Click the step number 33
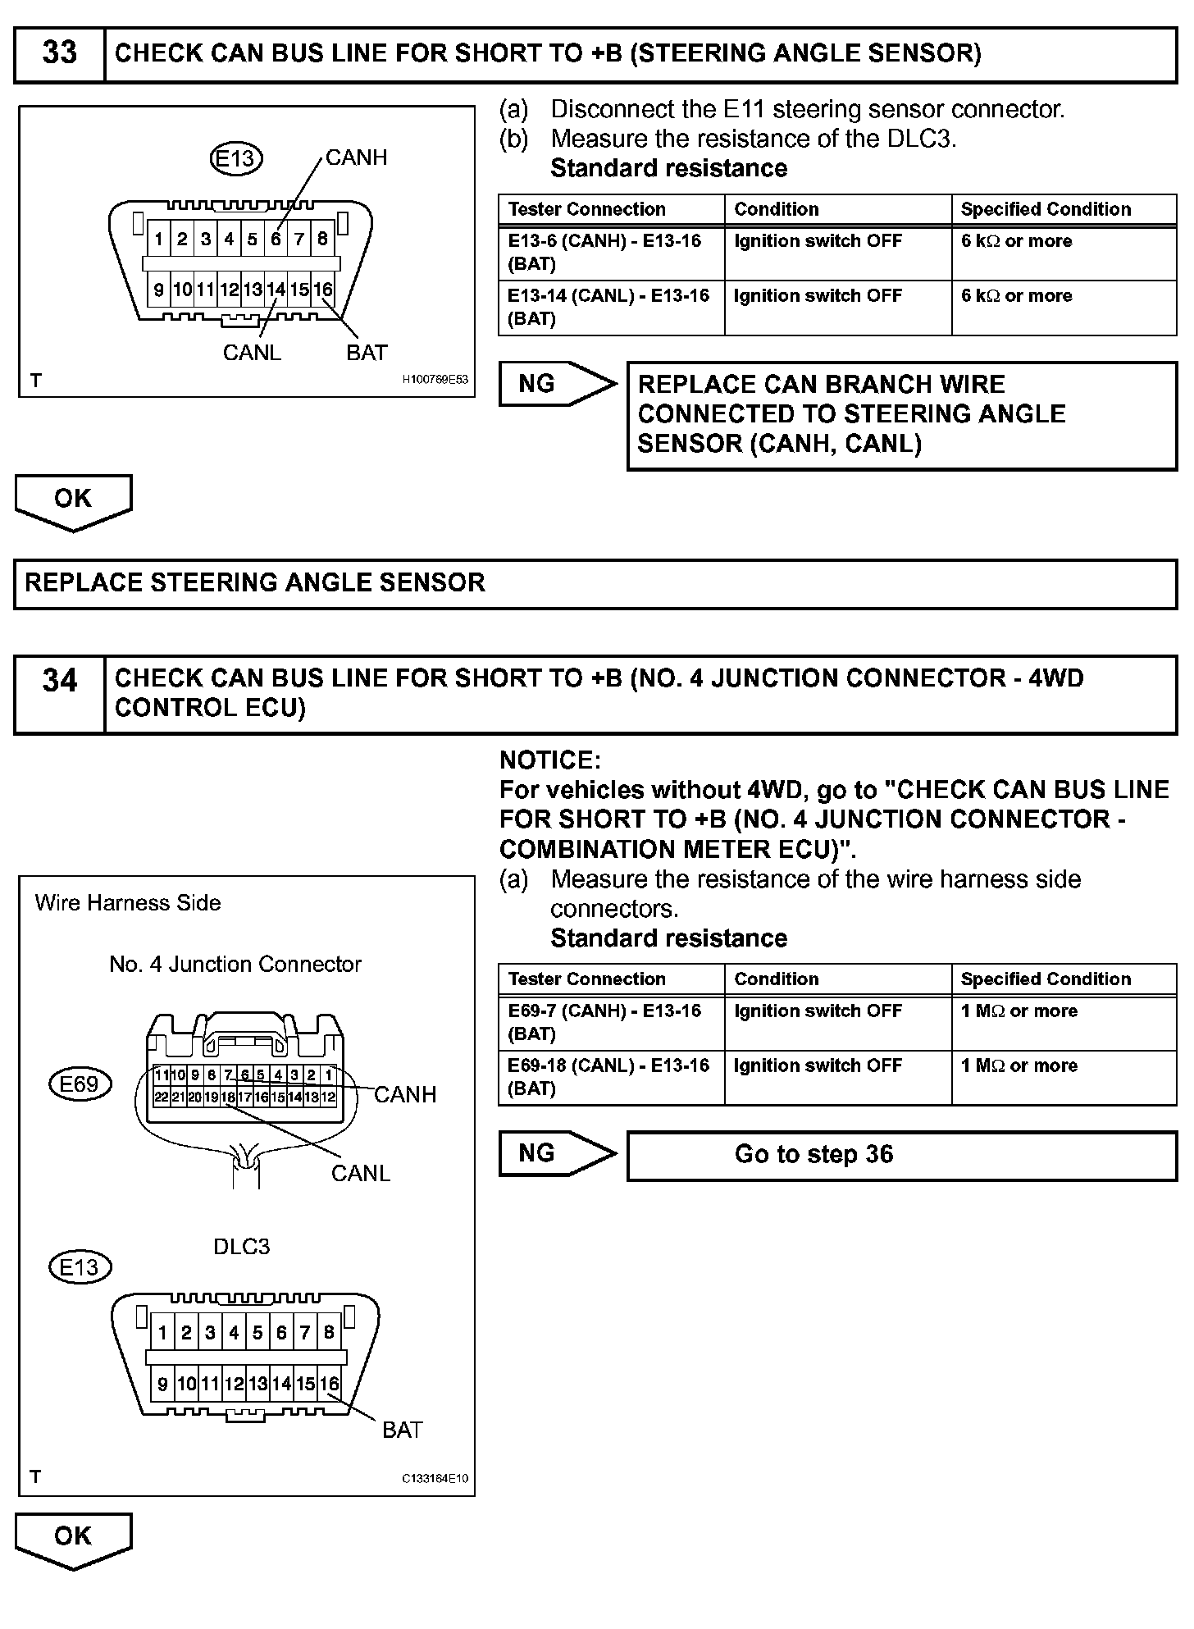59,54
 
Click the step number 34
59,681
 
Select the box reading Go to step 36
901,1155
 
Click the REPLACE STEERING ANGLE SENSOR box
595,583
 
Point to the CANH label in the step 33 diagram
356,157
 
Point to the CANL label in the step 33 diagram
252,353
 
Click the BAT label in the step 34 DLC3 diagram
402,1430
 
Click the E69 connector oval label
80,1084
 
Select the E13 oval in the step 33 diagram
236,158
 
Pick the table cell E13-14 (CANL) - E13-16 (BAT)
611,307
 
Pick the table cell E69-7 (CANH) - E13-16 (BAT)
611,1022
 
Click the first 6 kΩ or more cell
1017,242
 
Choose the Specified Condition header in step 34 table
1046,979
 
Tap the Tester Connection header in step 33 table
587,209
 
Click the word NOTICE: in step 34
550,760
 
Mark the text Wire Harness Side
128,903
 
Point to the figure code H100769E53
435,380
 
